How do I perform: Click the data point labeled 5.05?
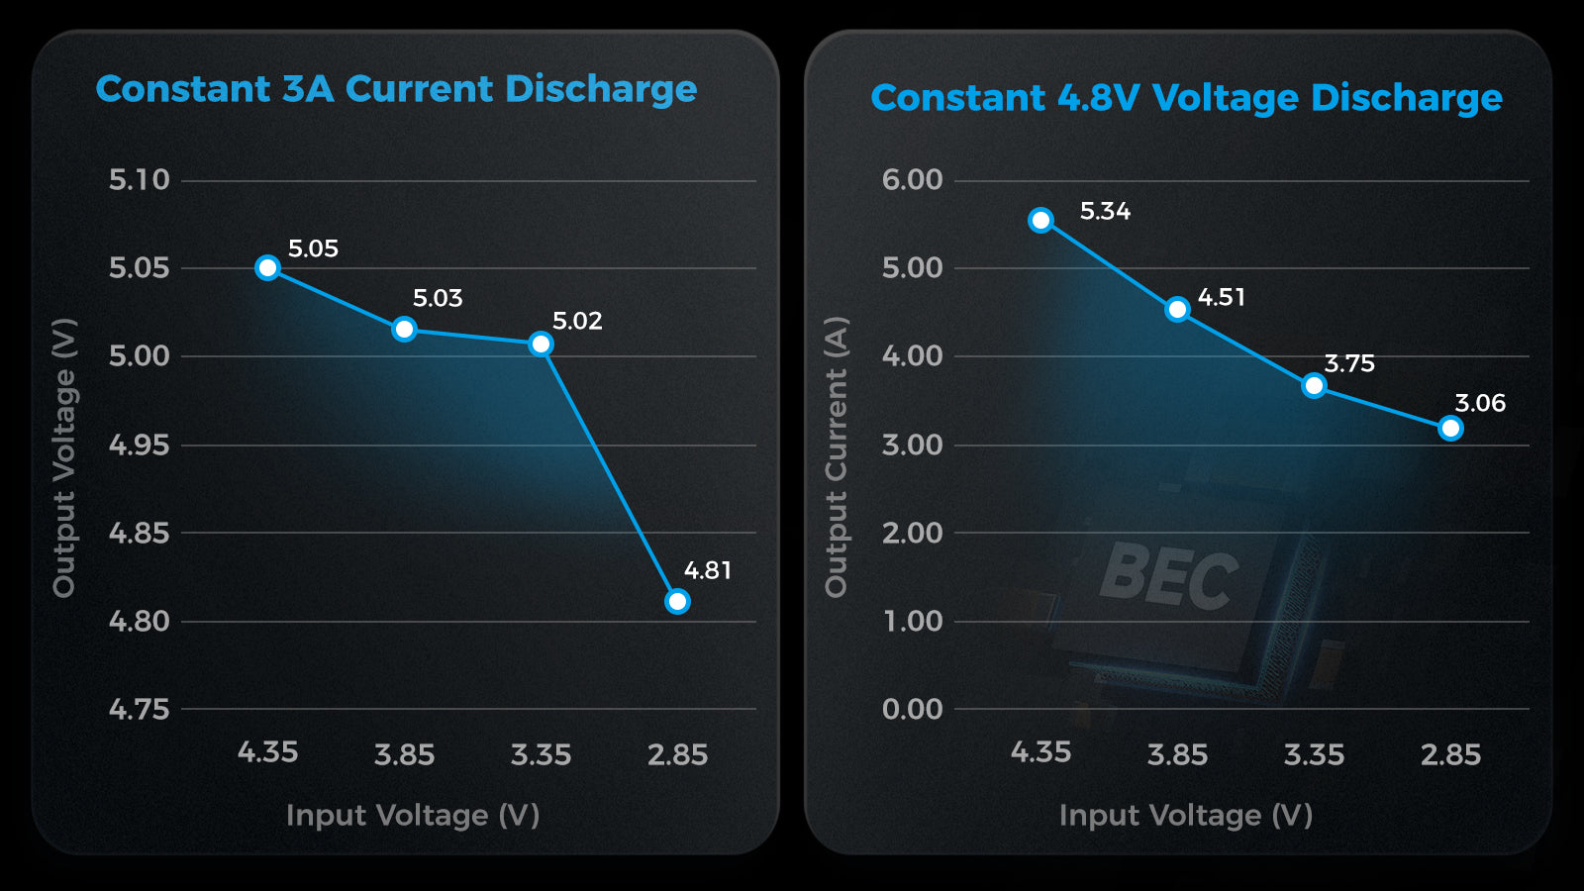267,267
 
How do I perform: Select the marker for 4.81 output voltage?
677,601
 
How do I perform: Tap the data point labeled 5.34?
1040,220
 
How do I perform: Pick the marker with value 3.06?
1450,428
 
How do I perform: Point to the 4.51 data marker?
1177,309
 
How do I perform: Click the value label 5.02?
577,321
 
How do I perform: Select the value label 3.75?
1349,363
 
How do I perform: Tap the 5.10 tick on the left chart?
139,179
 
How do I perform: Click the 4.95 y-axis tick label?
139,445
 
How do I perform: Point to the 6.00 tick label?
912,179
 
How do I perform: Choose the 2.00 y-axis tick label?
912,533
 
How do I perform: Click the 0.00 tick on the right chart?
912,709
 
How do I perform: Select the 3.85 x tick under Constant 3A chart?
404,754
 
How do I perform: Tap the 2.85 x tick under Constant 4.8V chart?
1450,754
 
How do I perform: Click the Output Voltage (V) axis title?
64,457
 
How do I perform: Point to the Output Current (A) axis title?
837,456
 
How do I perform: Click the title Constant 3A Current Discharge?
396,89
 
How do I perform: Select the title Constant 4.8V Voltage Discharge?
1186,98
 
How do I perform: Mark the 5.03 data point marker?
404,329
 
